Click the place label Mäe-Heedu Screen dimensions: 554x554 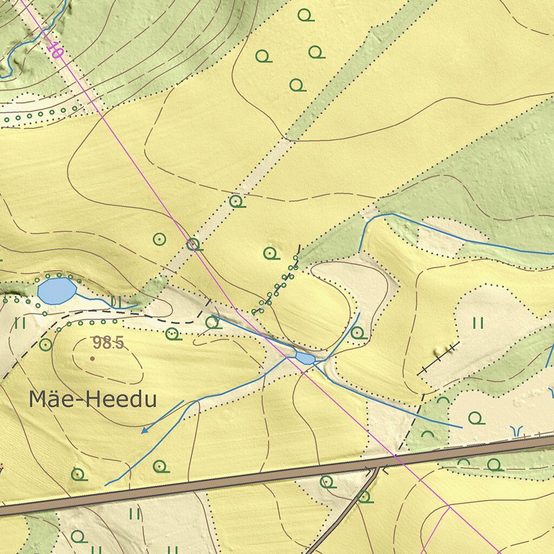coord(93,400)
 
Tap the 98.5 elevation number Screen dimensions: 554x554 coord(108,342)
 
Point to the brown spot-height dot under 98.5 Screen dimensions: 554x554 coord(93,358)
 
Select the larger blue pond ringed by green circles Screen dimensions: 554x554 coord(56,291)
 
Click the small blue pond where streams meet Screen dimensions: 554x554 coord(305,358)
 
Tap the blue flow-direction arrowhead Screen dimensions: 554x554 coord(144,431)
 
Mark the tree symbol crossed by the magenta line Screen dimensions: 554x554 coord(193,245)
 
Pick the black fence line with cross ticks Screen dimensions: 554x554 coord(438,358)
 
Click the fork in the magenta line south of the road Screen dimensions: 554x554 coord(449,506)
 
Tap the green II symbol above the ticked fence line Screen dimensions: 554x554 coord(478,324)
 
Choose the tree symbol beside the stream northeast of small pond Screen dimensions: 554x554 coord(357,332)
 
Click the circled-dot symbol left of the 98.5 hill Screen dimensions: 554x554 coord(45,344)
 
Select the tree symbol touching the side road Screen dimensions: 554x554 coord(365,496)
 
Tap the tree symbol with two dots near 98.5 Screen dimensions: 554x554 coord(173,334)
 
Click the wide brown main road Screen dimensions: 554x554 coord(216,483)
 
